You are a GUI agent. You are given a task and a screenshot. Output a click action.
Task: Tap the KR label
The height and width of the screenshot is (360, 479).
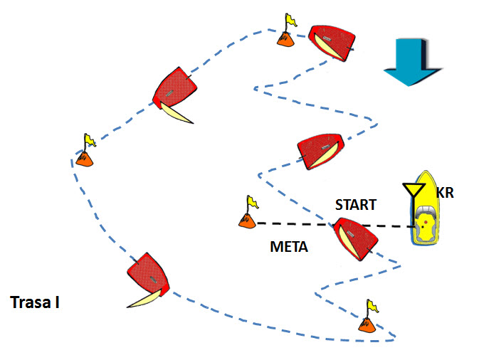click(445, 193)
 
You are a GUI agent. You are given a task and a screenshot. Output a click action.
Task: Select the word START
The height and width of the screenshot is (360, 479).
click(356, 205)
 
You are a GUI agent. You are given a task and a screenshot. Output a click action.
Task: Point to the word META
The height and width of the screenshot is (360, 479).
click(289, 247)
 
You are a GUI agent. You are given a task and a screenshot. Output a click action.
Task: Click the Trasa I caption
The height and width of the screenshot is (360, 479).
click(35, 302)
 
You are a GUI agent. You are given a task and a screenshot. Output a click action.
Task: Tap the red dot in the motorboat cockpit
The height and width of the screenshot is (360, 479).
click(426, 222)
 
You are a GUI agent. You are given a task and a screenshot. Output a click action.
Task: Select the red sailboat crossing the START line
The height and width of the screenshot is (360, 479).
click(356, 239)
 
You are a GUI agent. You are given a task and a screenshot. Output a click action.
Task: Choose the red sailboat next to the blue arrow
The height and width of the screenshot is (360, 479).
click(332, 43)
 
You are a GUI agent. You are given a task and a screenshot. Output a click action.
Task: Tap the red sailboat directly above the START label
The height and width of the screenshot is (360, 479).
click(320, 151)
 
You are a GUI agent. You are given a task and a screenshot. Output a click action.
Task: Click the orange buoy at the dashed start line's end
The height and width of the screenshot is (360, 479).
click(247, 221)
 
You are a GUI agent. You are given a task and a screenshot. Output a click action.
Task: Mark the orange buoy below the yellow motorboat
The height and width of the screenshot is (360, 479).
click(367, 325)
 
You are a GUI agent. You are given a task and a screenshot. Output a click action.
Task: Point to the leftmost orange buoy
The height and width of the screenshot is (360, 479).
click(84, 159)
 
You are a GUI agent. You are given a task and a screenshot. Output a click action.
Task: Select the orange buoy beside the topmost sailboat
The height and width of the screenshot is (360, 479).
click(285, 39)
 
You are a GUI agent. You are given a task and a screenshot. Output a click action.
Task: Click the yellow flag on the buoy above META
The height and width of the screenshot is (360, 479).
click(253, 202)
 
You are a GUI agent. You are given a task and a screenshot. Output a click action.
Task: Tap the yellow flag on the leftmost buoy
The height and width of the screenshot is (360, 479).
click(90, 140)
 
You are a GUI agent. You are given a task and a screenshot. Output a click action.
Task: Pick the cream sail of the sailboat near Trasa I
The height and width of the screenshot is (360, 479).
click(144, 299)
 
